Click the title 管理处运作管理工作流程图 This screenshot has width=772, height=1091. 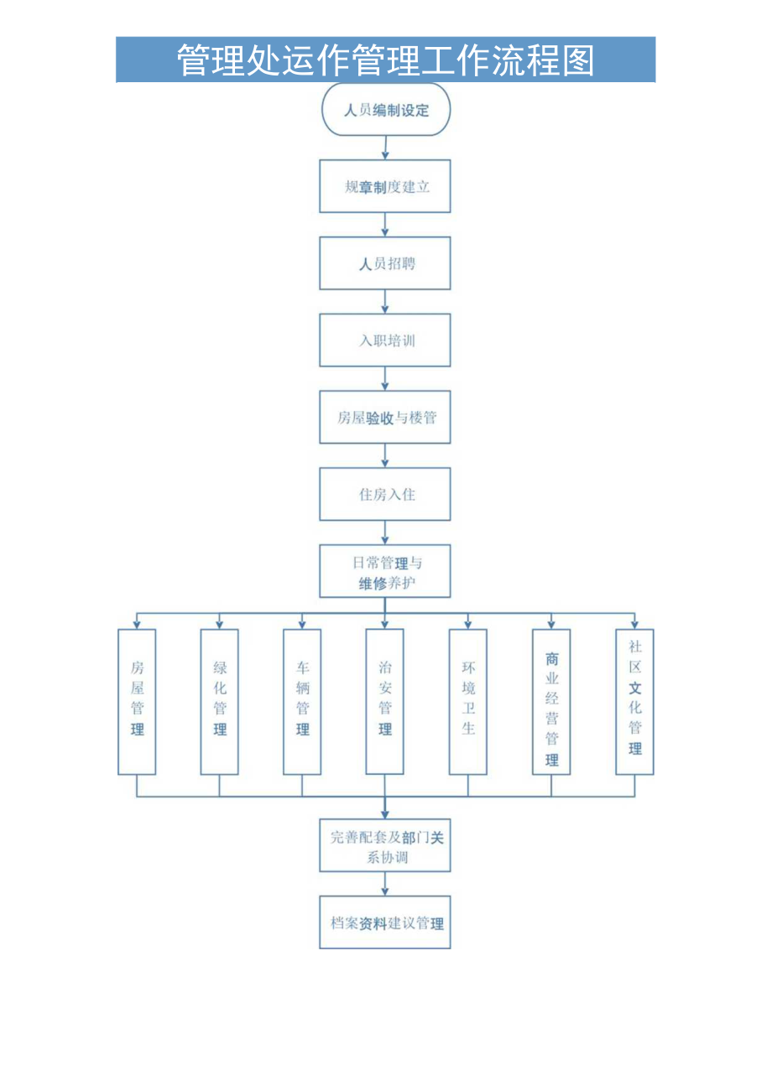pos(385,60)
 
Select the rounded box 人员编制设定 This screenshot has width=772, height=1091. pos(386,110)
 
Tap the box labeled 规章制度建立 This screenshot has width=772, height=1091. pos(385,186)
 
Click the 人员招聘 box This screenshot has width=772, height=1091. pos(385,263)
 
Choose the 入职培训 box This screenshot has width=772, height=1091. pos(385,340)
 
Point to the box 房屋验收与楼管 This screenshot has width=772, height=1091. pos(385,417)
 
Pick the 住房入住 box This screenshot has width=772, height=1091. pos(385,494)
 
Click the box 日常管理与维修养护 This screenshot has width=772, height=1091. pos(385,571)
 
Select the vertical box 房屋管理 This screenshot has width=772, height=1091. pos(137,701)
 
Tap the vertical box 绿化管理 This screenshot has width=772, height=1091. pos(219,701)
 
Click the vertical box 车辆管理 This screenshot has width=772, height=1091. pos(302,701)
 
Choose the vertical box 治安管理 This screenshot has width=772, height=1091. pos(384,701)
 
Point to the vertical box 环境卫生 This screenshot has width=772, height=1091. pos(467,701)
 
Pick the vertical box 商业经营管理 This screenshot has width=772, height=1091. pos(551,701)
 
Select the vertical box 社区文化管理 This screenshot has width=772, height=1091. pos(634,701)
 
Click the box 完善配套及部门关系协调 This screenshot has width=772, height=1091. pos(385,846)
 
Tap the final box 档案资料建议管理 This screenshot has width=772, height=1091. pos(385,922)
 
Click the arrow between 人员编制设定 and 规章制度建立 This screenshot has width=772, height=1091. pos(385,148)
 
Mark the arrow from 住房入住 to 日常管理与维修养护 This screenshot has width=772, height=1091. pos(385,533)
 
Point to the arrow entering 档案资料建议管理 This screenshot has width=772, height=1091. pos(385,884)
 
